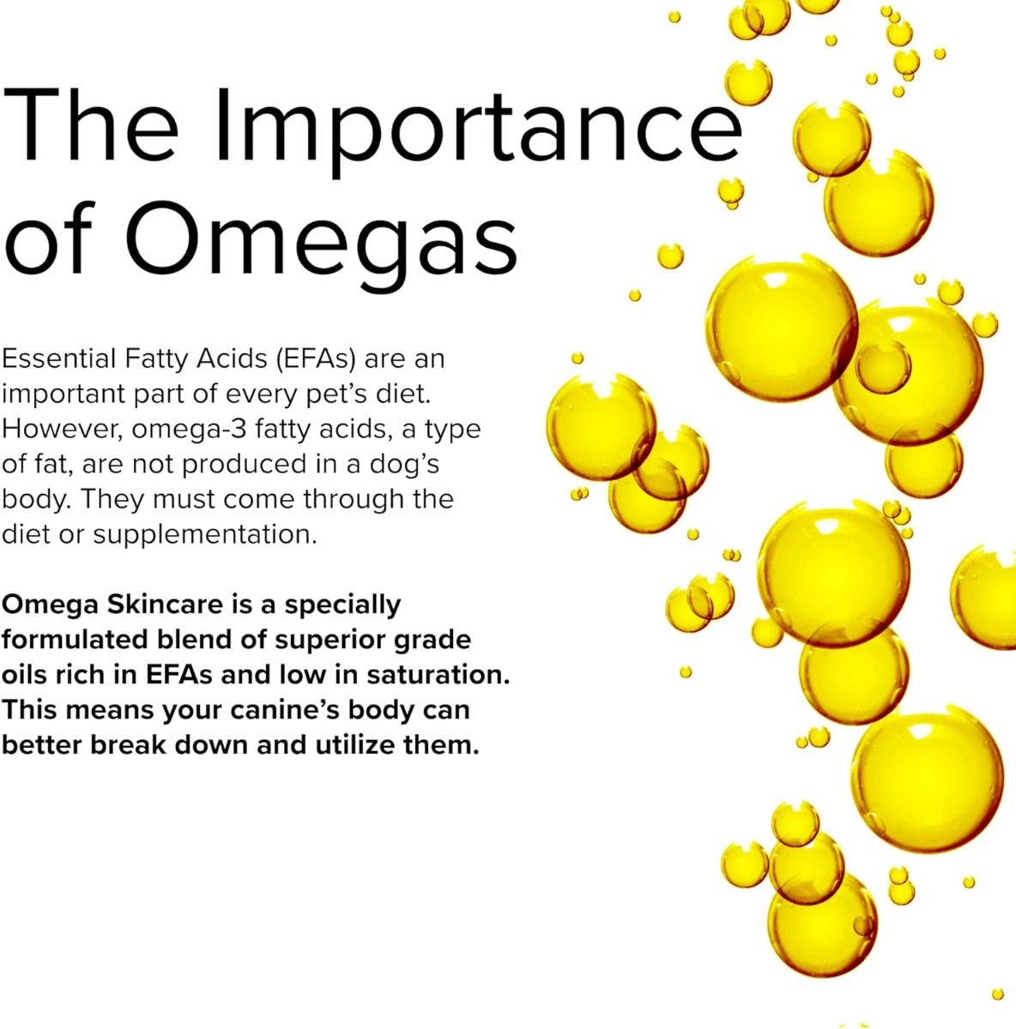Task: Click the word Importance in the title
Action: (x=478, y=131)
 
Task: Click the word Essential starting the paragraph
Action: (x=59, y=358)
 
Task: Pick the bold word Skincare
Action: (x=165, y=605)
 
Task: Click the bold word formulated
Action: (x=75, y=640)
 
